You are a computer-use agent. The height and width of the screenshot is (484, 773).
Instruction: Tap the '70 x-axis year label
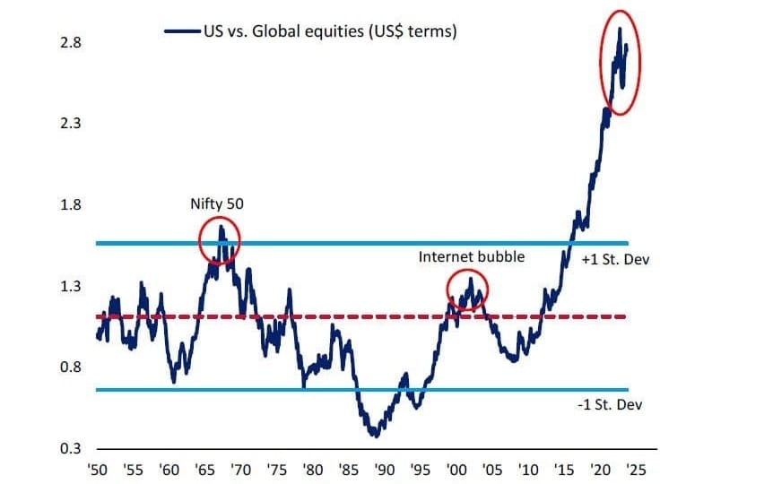pos(240,469)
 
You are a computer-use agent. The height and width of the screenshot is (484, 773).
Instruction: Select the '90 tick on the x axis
pos(384,469)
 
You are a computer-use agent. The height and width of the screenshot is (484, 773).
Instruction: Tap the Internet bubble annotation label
pos(472,256)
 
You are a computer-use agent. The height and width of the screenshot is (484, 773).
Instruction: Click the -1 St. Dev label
pos(611,405)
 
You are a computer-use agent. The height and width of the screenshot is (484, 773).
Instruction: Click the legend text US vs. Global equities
pos(331,31)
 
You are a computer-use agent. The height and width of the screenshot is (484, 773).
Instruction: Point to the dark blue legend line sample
pos(181,31)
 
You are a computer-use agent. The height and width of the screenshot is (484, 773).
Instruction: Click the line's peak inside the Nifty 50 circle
pos(221,227)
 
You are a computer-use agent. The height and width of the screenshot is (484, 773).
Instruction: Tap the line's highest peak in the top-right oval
pos(620,30)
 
